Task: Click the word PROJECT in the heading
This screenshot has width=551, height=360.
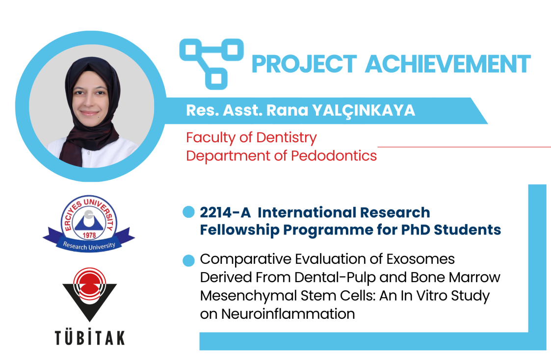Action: click(304, 64)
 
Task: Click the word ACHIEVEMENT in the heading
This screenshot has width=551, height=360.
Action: click(447, 64)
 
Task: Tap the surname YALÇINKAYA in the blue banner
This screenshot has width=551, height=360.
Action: click(364, 111)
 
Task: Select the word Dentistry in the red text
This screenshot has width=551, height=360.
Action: click(287, 138)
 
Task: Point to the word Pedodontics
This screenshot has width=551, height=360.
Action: click(334, 155)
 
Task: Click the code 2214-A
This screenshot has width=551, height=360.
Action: click(225, 212)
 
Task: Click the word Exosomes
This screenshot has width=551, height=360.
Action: click(420, 259)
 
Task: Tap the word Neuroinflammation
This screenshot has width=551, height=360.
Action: click(288, 314)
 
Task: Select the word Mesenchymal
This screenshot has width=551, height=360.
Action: click(248, 296)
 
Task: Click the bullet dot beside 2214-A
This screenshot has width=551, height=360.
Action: click(189, 212)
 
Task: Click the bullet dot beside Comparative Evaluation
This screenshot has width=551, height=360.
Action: click(189, 260)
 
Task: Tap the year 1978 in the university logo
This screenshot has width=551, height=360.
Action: click(89, 235)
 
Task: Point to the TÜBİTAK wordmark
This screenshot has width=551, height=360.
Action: click(90, 338)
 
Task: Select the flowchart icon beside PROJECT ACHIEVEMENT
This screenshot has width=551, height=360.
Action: click(211, 64)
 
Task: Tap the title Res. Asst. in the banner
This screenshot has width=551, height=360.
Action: click(224, 110)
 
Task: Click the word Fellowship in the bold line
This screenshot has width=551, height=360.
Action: click(239, 230)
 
